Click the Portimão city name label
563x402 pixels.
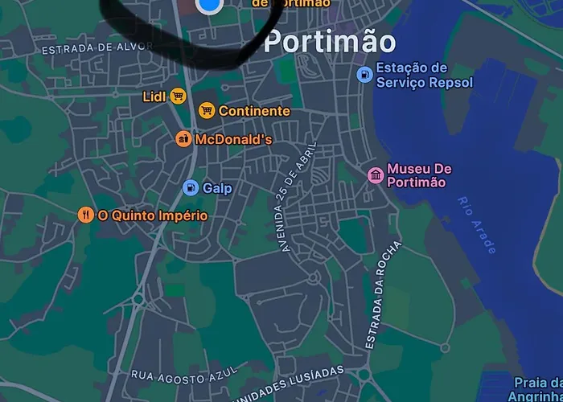[x=330, y=42]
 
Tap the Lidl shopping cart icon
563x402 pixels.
[x=178, y=96]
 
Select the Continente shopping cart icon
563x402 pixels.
[x=207, y=111]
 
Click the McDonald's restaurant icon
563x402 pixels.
[x=184, y=139]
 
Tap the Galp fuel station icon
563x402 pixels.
[x=191, y=188]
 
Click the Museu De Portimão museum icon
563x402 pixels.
[x=375, y=175]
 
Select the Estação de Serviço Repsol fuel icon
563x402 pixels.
[x=364, y=75]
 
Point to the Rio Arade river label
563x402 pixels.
[x=475, y=225]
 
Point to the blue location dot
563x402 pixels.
[x=208, y=5]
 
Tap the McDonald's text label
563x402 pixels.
[x=233, y=140]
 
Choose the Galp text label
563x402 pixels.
[x=217, y=188]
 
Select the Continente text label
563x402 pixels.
[x=254, y=111]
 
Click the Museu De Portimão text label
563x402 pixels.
[x=419, y=175]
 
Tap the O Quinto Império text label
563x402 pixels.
[x=153, y=215]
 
